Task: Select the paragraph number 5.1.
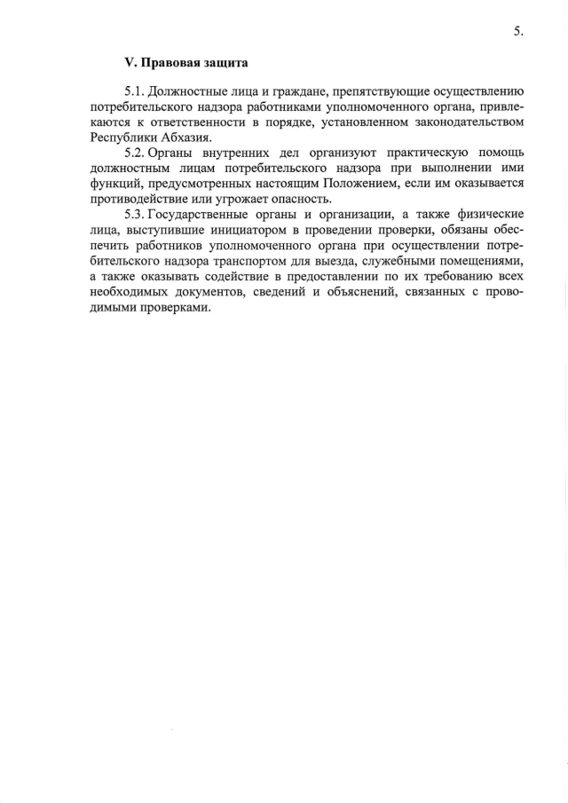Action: (135, 91)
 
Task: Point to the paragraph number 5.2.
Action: (135, 151)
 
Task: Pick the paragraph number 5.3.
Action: (135, 213)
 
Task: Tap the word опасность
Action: (303, 199)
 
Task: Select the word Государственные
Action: (207, 214)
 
